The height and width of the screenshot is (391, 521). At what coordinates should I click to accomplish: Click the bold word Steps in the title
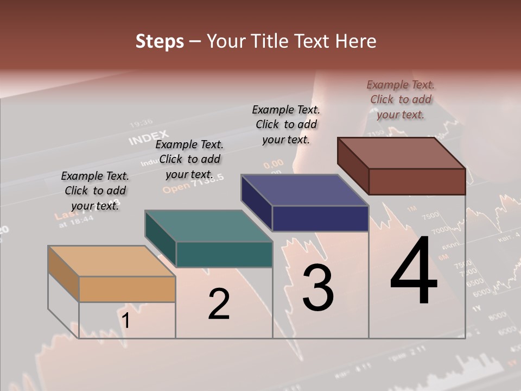coord(160,41)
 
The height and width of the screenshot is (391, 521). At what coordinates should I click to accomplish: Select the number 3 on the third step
coord(317,288)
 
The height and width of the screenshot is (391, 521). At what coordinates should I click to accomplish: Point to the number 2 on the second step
coord(219,304)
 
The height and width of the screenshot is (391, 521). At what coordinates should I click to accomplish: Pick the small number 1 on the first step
coord(125,321)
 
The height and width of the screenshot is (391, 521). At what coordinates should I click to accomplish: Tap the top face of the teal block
coord(209,226)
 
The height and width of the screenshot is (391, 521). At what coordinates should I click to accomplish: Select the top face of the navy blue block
coord(305,190)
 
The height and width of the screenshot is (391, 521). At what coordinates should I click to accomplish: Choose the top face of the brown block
coord(402,153)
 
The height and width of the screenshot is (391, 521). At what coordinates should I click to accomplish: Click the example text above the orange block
coord(95,191)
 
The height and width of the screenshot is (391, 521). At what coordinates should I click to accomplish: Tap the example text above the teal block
coord(189,159)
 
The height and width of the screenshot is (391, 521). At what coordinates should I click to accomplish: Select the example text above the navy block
coord(286,124)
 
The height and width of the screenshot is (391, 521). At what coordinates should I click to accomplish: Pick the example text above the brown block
coord(401,99)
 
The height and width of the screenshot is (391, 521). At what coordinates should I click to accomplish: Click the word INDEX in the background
coord(149,138)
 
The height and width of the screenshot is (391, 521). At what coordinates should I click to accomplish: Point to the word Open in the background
coord(175,188)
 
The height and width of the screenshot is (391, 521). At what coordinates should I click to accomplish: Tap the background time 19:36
coord(141,122)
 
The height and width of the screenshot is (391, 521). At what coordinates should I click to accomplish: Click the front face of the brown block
coord(417,181)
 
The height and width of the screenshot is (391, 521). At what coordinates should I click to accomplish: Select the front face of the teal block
coord(224,254)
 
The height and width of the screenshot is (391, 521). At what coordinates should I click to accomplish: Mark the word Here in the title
coord(356,41)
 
